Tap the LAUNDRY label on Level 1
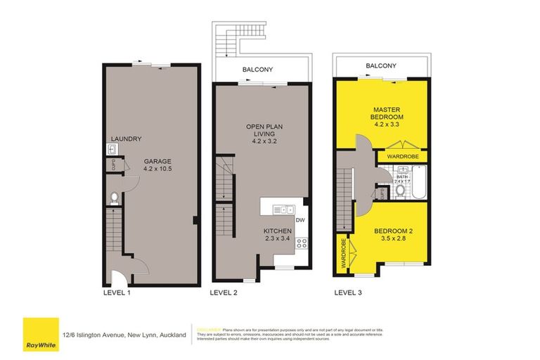click(127, 139)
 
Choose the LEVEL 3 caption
click(349, 291)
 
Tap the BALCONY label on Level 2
click(257, 70)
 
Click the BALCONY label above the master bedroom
click(380, 66)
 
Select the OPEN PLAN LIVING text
click(260, 134)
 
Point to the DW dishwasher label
click(300, 220)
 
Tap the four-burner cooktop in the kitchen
click(302, 243)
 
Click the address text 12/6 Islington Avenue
click(123, 335)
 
